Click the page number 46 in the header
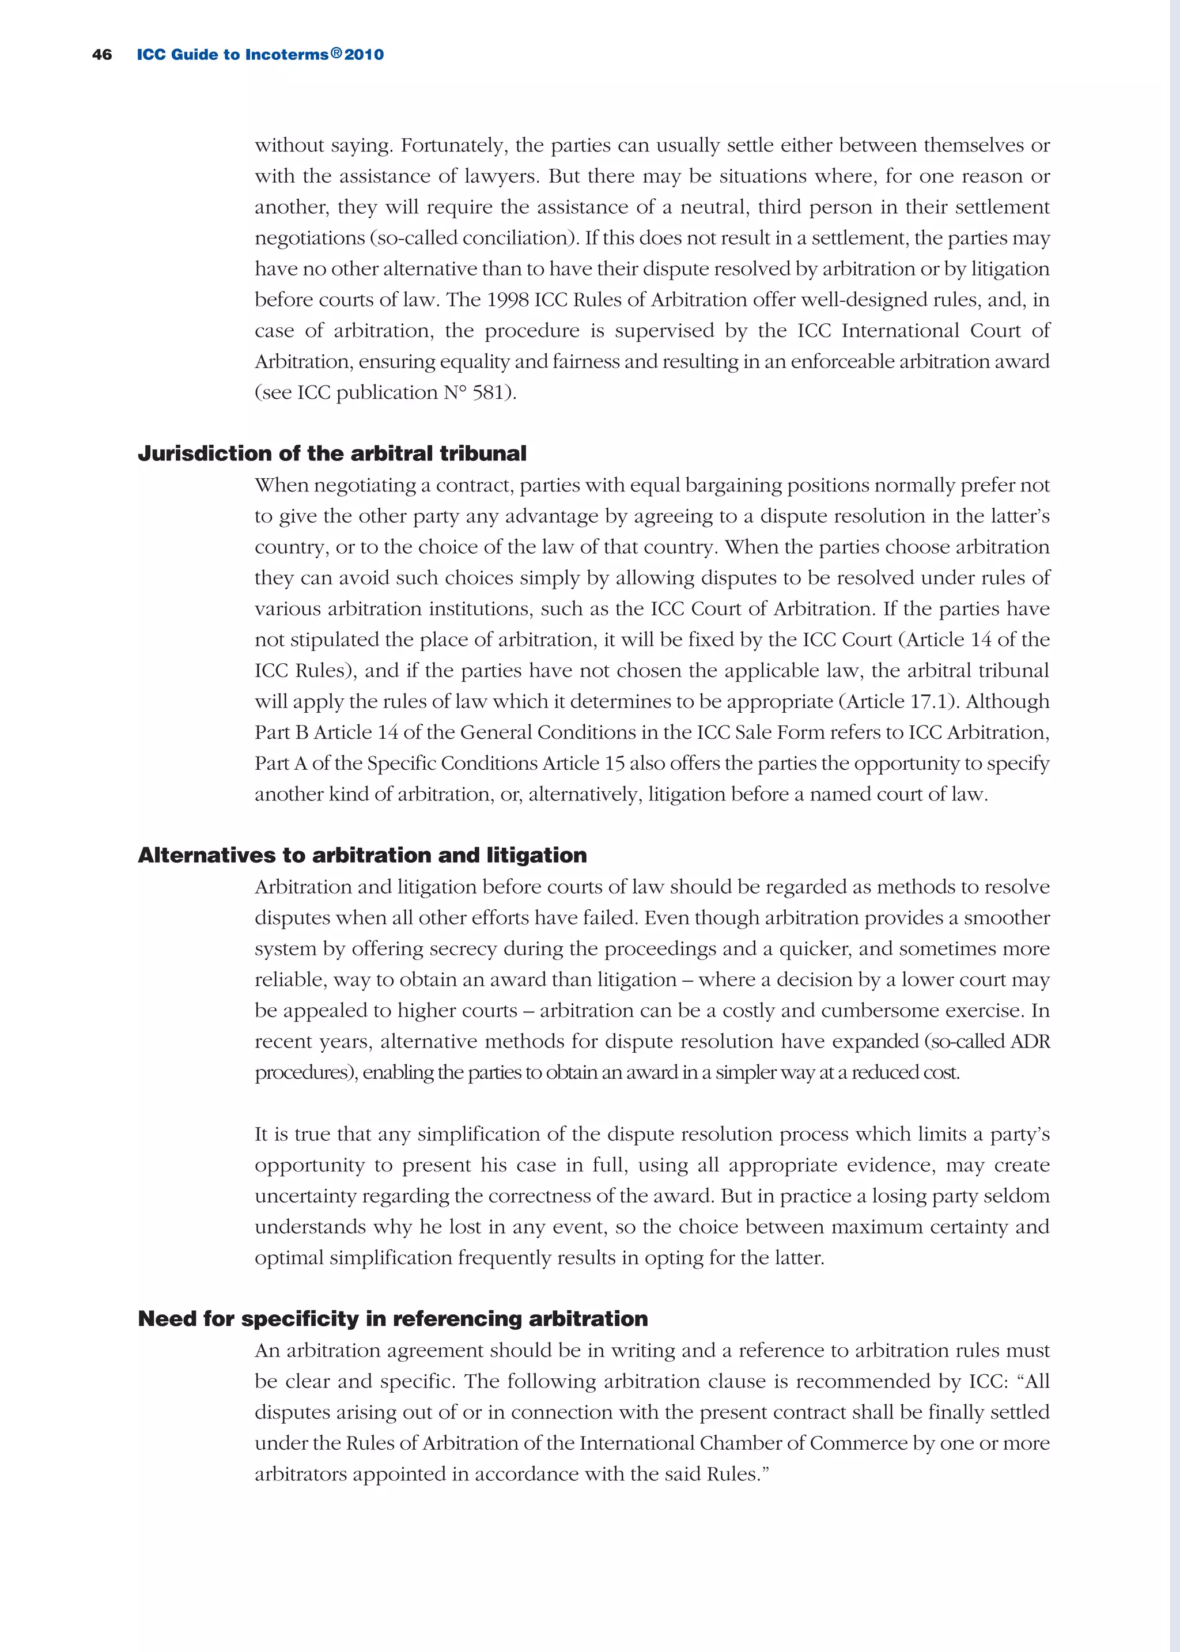tap(102, 55)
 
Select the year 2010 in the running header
tap(364, 55)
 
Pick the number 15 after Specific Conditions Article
tap(615, 763)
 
